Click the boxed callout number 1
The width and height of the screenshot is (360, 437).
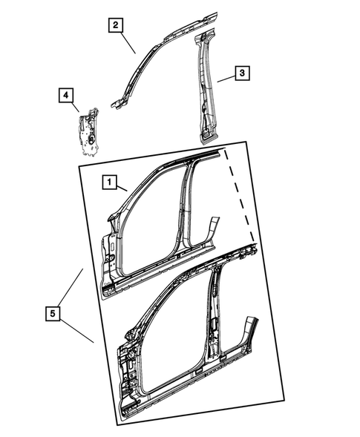[108, 181]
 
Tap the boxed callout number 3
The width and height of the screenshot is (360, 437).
[242, 73]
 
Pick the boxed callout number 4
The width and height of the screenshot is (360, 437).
[66, 95]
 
